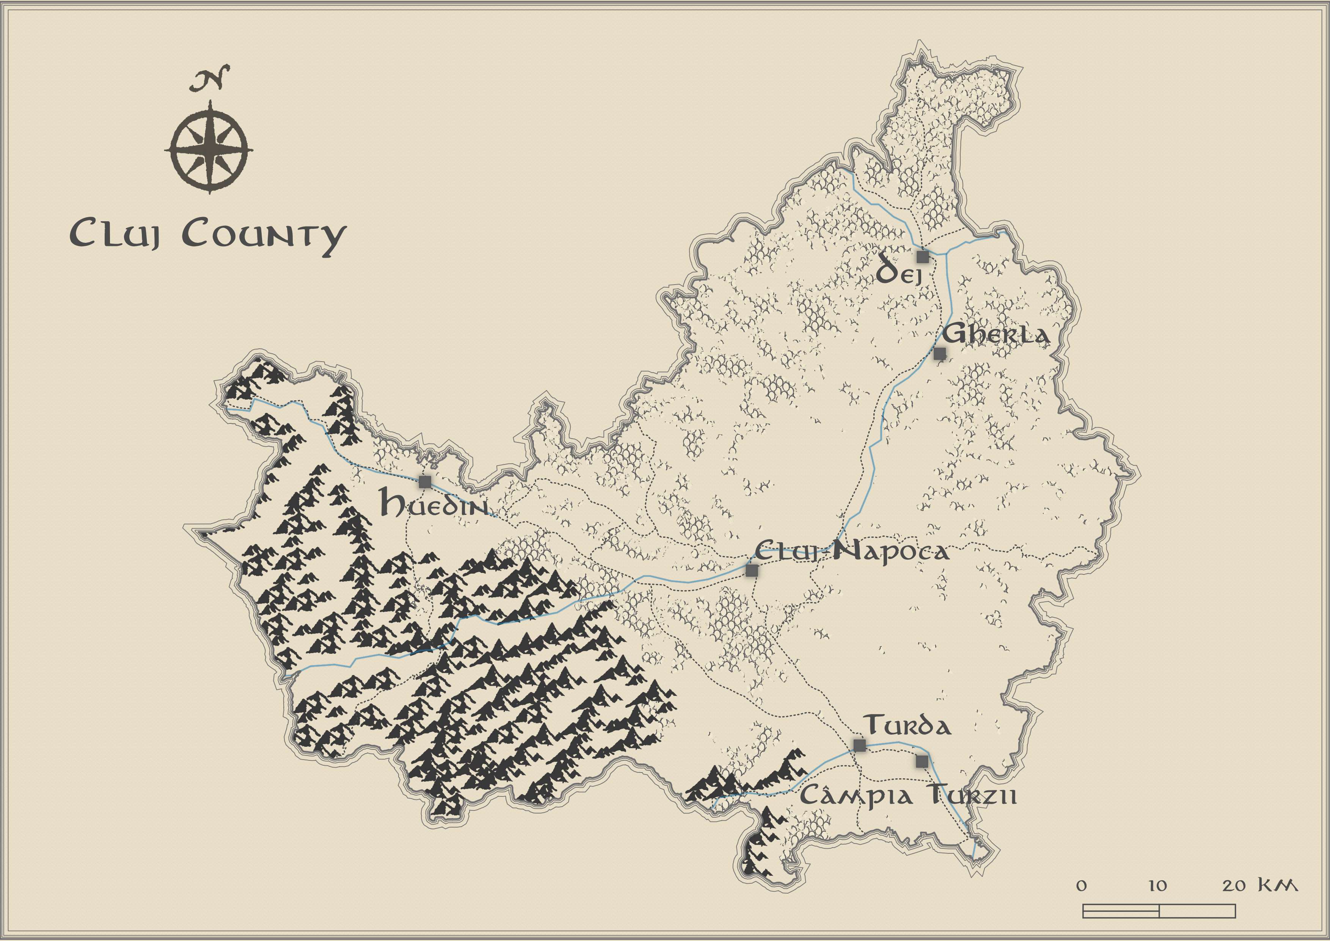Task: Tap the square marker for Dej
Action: point(923,257)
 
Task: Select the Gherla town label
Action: point(995,335)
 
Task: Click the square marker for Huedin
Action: point(425,482)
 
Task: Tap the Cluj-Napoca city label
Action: point(851,551)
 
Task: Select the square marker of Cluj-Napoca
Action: point(752,571)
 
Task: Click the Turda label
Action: point(907,726)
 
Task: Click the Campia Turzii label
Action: point(908,796)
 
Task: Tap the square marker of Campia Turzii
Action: point(922,762)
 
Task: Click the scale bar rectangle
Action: point(1159,911)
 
